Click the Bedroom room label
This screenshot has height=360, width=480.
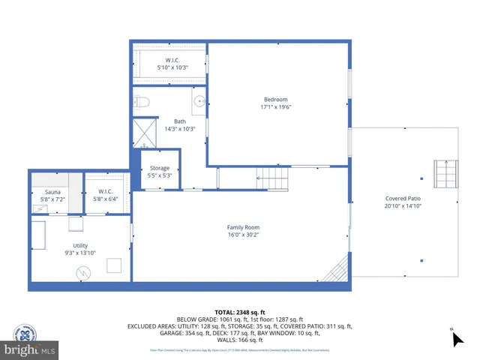coord(275,100)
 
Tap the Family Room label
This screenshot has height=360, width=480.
coord(243,227)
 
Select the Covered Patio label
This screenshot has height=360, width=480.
coord(403,199)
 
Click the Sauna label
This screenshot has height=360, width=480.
coord(52,192)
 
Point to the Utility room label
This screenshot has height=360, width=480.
coord(80,245)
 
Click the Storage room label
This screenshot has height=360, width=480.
coord(159,168)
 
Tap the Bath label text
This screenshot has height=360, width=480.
coord(180,121)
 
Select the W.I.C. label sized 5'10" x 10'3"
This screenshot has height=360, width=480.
coord(172,60)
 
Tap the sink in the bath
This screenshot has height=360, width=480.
coord(199,100)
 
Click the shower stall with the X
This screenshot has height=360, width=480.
coord(142,132)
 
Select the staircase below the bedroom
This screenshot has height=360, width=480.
coord(274,178)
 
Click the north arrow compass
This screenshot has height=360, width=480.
coord(457,338)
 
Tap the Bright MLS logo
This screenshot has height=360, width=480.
coord(28,342)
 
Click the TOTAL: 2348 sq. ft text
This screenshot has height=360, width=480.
coord(240,312)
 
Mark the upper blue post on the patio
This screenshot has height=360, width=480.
coord(421,178)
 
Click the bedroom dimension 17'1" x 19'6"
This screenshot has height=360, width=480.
coord(275,106)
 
